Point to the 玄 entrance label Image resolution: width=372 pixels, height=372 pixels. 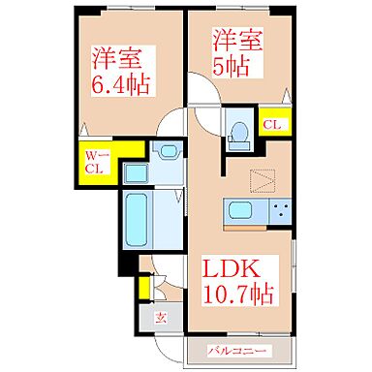[x=162, y=317]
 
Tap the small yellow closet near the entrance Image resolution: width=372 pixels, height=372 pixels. [x=144, y=288]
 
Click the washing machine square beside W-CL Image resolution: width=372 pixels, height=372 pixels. [x=134, y=172]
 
